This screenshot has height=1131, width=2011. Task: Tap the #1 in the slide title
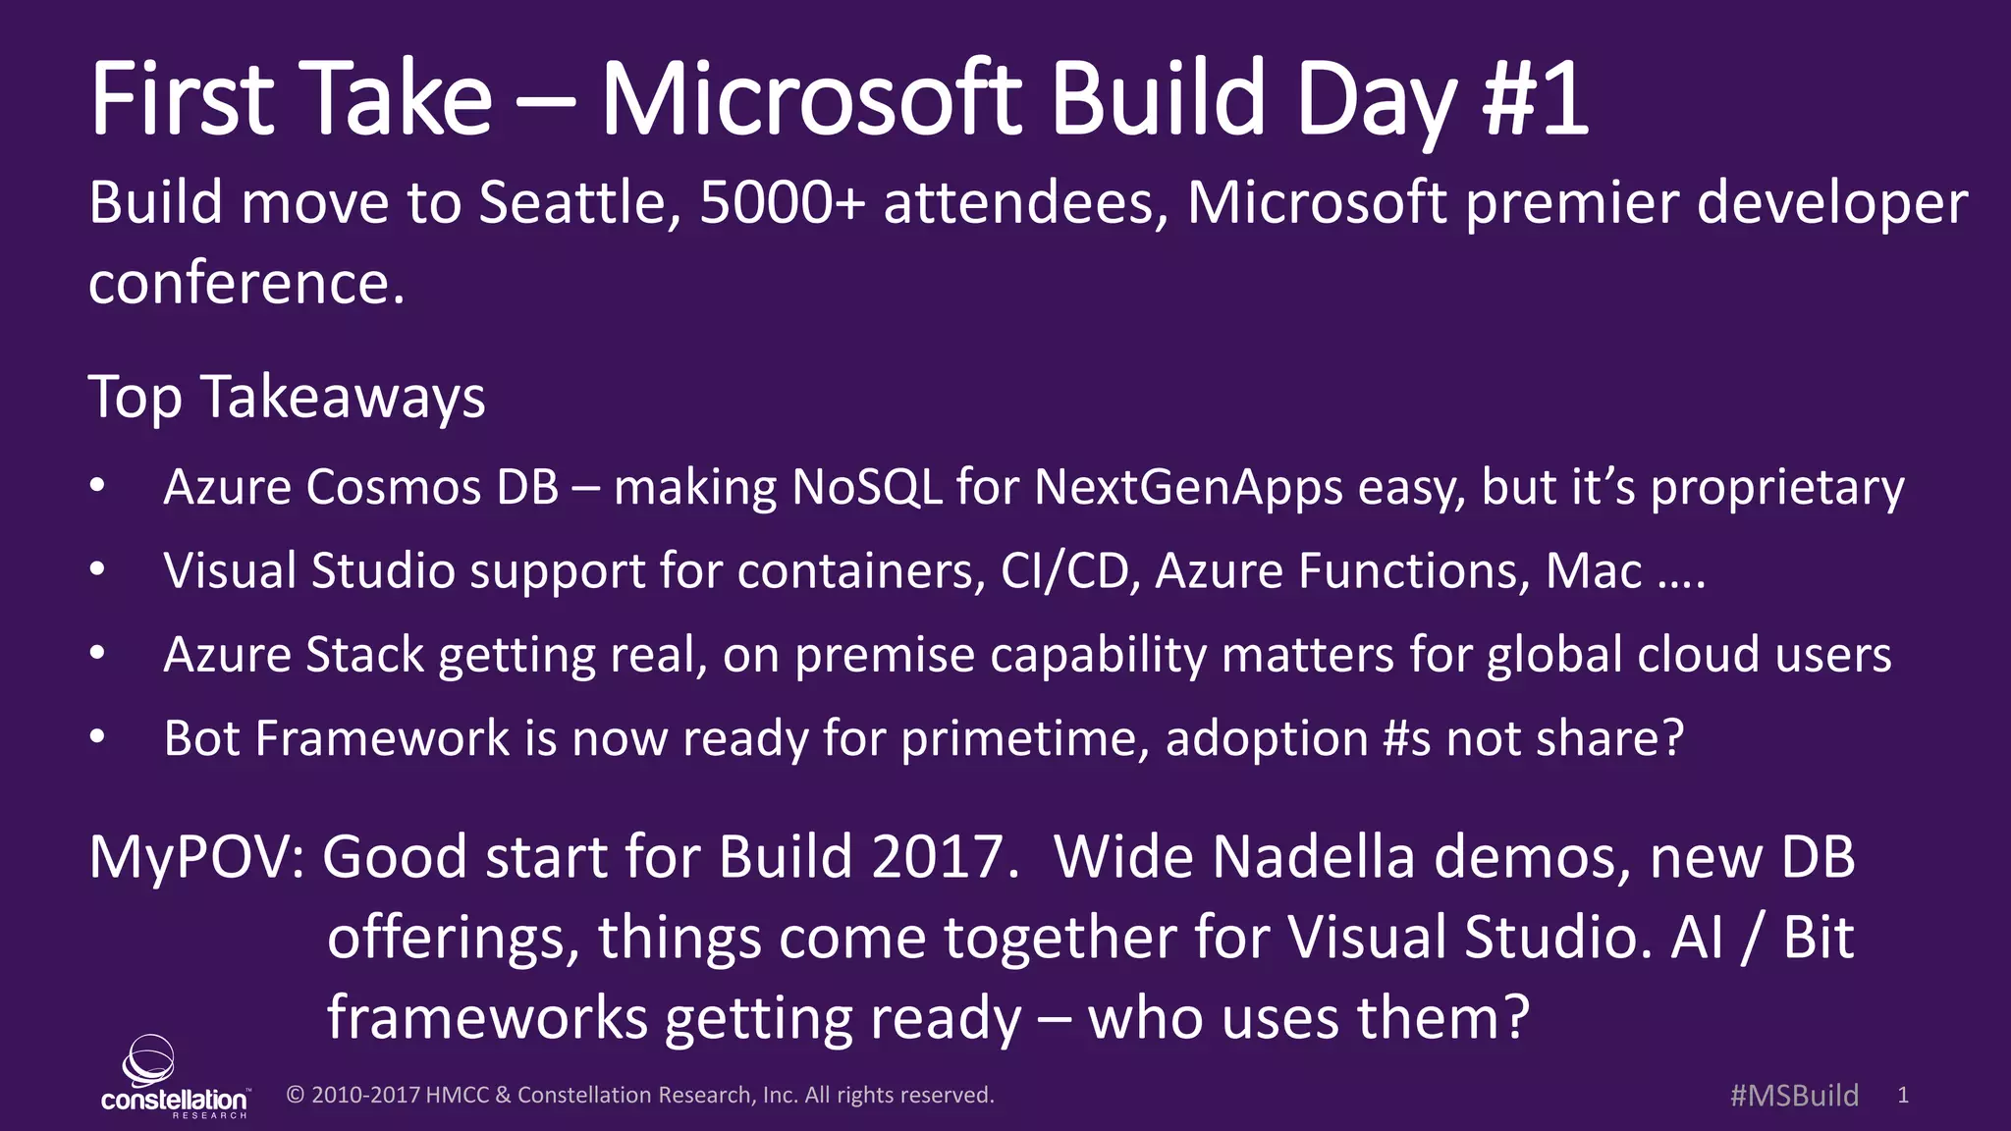pos(1535,99)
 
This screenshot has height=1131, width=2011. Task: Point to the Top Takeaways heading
pos(287,398)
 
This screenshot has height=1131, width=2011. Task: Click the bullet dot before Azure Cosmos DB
pos(96,487)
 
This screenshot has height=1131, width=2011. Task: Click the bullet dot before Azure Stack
pos(96,654)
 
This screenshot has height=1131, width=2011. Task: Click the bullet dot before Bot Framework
pos(96,737)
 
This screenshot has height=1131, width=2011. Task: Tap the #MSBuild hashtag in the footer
pos(1794,1096)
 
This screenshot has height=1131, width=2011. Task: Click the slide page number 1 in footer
pos(1903,1096)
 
